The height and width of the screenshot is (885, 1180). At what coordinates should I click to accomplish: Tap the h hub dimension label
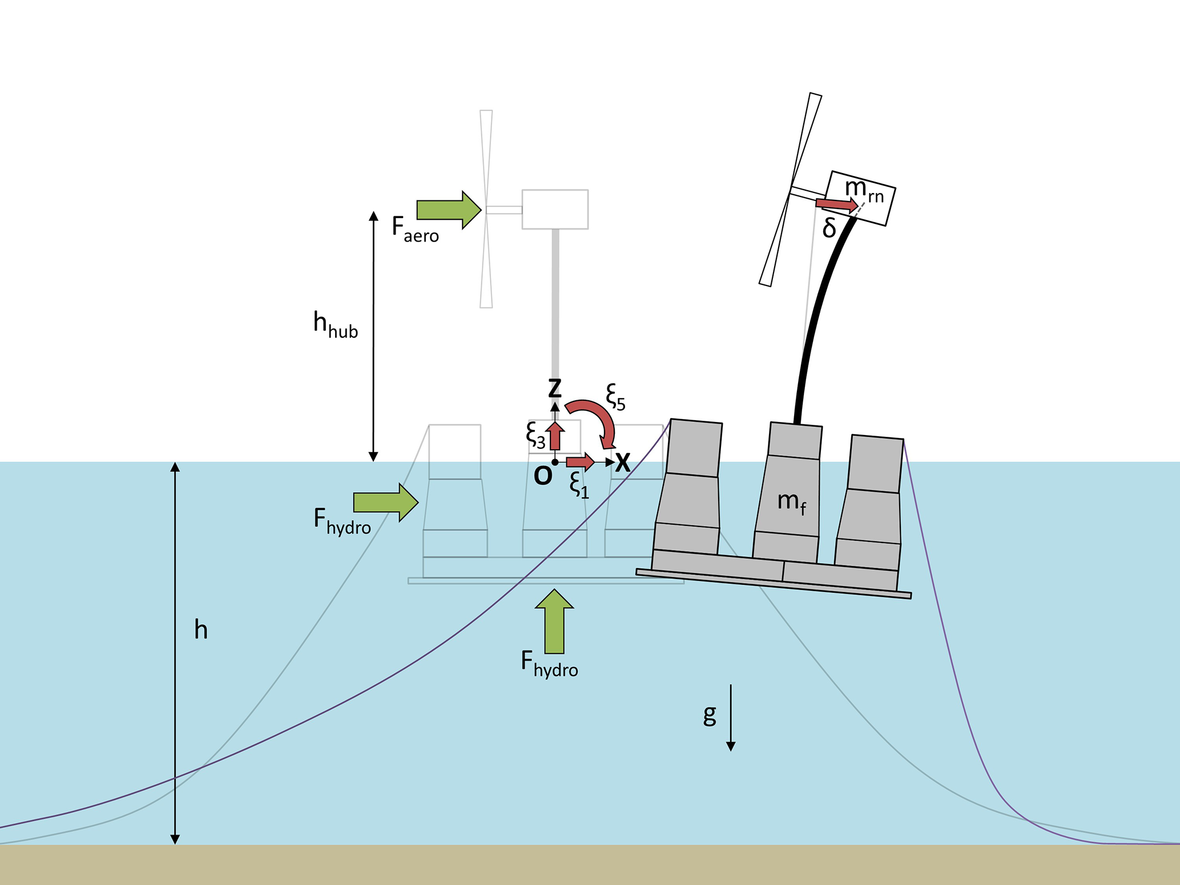(335, 325)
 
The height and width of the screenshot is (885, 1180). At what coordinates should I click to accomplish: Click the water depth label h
(200, 630)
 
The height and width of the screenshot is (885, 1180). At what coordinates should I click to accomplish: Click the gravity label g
(710, 714)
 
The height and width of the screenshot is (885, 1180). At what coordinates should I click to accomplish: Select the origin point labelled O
(555, 462)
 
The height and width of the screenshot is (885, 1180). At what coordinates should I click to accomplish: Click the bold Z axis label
(555, 388)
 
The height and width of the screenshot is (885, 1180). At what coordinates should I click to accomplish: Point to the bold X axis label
(623, 462)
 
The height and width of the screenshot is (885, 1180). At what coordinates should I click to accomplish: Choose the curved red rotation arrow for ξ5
(597, 421)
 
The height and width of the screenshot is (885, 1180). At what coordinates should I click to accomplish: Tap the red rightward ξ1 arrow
(580, 461)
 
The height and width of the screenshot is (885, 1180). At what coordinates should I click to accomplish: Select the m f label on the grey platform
(792, 502)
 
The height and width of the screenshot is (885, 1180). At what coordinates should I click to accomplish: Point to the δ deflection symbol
(829, 229)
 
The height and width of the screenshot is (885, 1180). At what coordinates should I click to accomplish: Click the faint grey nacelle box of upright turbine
(555, 210)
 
